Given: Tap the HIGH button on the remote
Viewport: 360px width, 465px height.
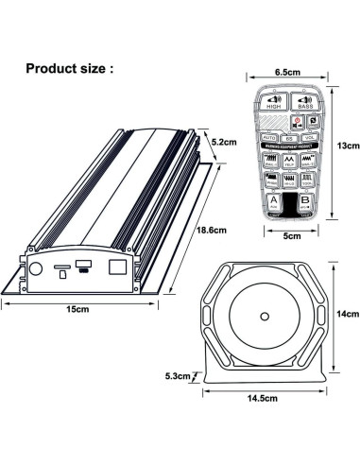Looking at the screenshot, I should point(274,106).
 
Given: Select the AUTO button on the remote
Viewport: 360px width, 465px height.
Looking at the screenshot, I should point(268,137).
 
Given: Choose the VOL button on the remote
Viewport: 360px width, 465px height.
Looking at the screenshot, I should point(307,137).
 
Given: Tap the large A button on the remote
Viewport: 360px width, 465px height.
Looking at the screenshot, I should point(274,201).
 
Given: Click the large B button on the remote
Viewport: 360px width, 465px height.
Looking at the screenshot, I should point(304,201).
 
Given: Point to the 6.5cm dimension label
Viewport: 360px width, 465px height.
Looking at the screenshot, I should point(288,71).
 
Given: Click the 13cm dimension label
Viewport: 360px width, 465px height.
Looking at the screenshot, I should point(348,146).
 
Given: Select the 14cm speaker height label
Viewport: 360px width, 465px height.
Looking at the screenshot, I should point(348,315).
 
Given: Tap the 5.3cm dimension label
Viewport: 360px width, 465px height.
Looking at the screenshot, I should point(178,375).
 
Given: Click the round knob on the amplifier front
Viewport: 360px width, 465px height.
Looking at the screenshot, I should point(36,267).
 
